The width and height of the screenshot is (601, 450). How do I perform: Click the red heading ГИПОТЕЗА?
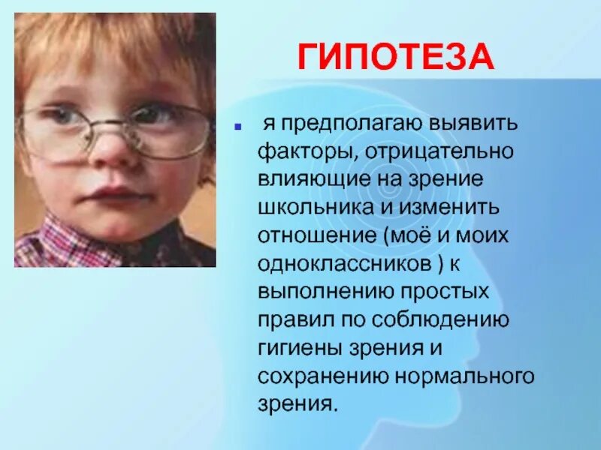(x=396, y=58)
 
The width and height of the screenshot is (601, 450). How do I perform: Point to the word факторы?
(x=299, y=151)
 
